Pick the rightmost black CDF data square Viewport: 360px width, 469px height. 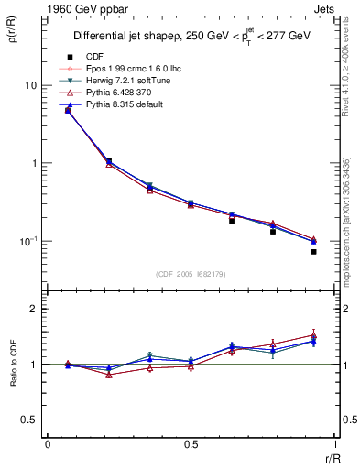[313, 251]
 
